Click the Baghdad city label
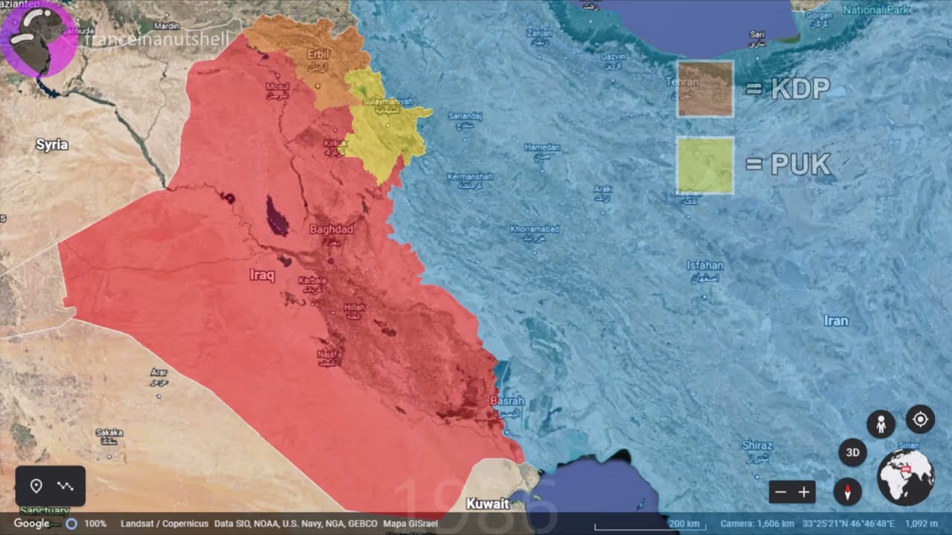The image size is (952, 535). pos(331,230)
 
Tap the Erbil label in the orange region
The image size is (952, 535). pos(318,54)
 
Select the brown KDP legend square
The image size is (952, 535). pos(704,89)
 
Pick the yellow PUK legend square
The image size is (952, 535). pos(704,165)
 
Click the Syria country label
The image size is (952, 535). pos(52,145)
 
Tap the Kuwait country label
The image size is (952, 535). pos(488,504)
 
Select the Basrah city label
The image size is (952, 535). pos(507,401)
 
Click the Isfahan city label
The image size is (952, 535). pos(704,265)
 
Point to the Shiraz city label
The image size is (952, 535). pos(757,446)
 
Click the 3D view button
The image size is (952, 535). pos(852,453)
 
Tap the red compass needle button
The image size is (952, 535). pos(847,491)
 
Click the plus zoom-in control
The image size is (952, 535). pos(804,492)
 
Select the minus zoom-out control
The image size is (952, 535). pos(780,492)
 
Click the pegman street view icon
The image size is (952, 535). pos(881,424)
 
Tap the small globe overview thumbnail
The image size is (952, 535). pos(905,476)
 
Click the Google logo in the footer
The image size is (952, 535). pos(31,523)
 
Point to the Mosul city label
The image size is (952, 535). pos(277,88)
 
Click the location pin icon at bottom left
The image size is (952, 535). pos(36,486)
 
